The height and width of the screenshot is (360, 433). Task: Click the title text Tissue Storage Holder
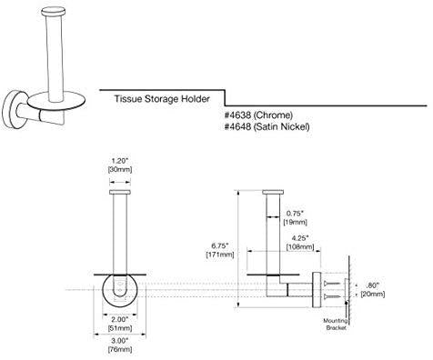(x=162, y=99)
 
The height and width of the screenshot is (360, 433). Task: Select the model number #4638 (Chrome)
(x=258, y=115)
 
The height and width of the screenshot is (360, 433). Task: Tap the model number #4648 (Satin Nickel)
(x=267, y=126)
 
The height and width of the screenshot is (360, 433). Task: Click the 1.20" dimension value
(x=120, y=161)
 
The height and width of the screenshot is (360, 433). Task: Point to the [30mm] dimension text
(x=120, y=169)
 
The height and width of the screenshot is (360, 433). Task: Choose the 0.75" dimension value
(x=295, y=214)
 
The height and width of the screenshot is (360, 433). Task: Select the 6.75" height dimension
(x=220, y=245)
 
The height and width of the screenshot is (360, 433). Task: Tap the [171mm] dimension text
(x=220, y=255)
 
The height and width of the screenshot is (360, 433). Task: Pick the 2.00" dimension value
(x=120, y=319)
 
